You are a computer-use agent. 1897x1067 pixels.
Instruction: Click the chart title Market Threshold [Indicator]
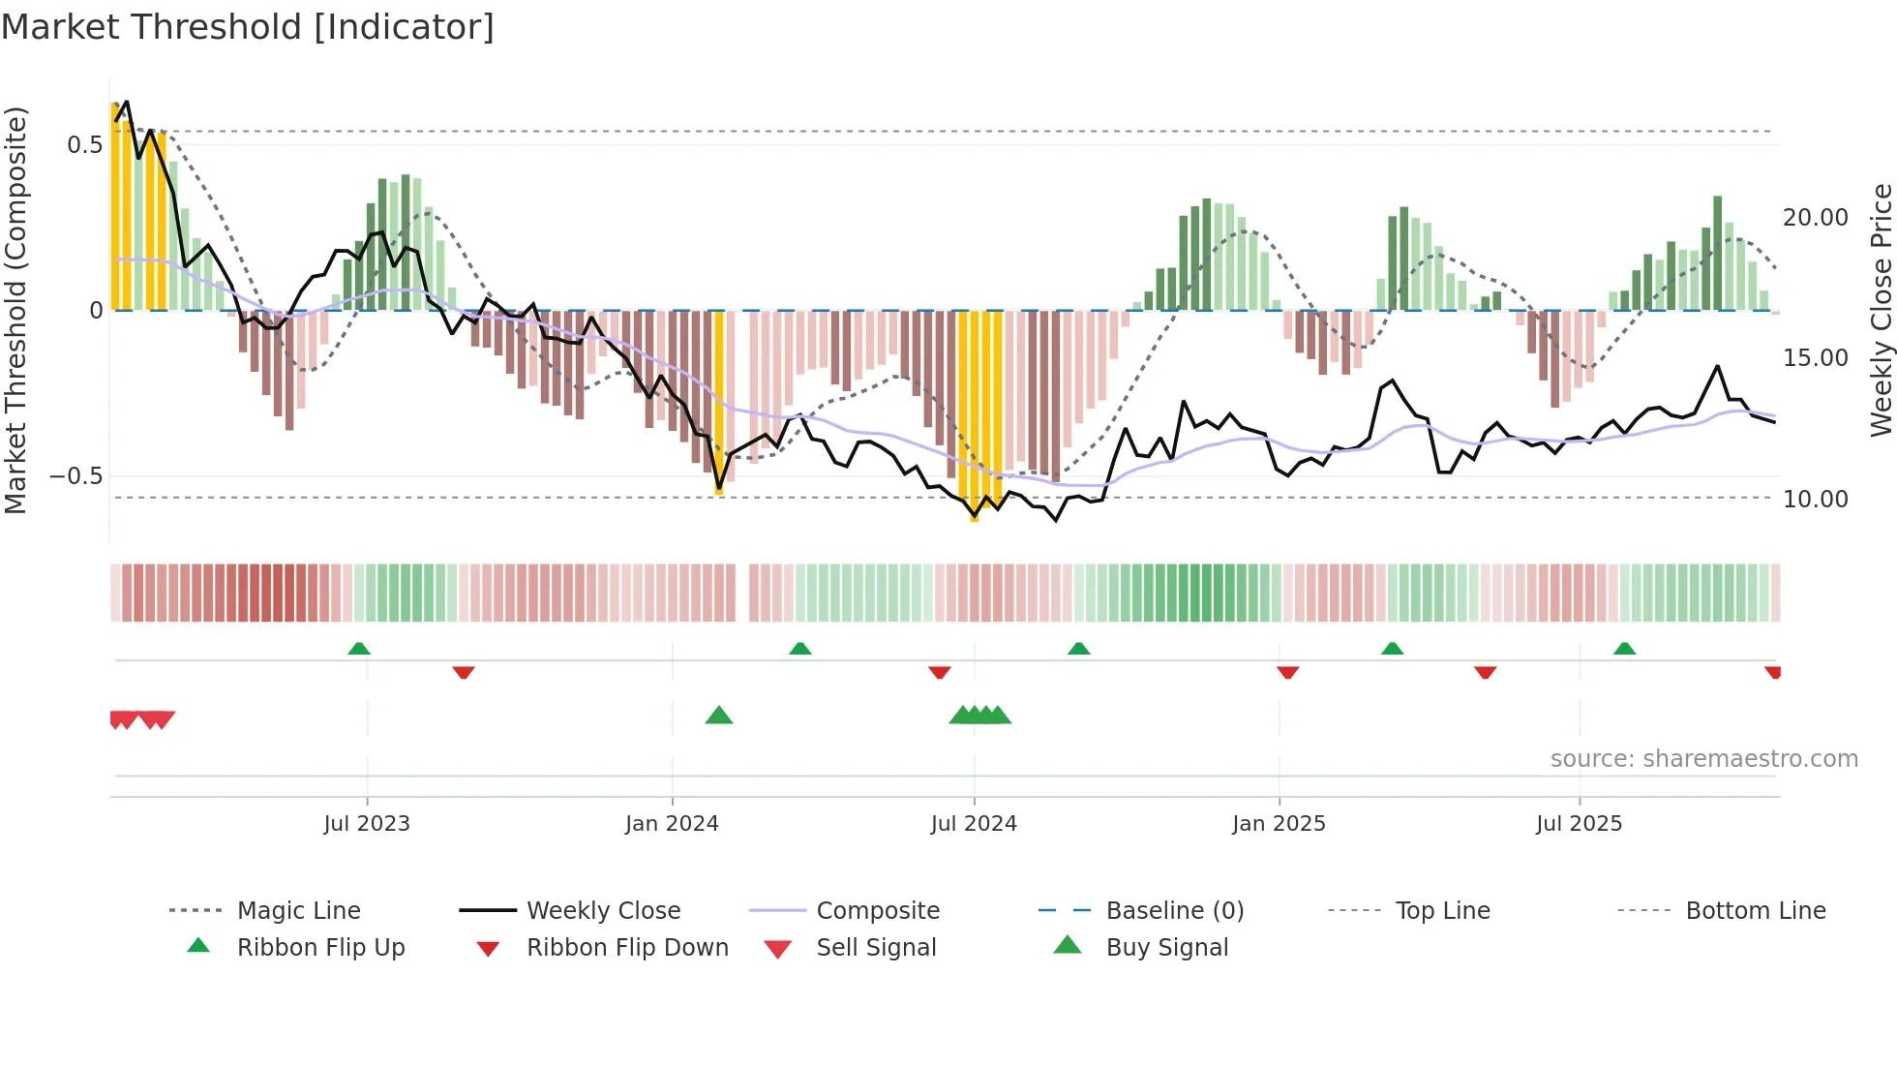tap(248, 27)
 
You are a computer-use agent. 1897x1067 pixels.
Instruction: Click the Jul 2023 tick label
tap(367, 824)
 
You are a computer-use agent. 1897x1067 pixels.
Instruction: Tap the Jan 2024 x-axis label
tap(672, 824)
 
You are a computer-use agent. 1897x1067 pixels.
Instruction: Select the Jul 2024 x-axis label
tap(974, 824)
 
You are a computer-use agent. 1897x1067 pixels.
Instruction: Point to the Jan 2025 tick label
tap(1279, 824)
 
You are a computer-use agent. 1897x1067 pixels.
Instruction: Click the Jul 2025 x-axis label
tap(1579, 824)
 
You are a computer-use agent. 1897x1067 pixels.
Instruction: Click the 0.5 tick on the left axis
tap(84, 145)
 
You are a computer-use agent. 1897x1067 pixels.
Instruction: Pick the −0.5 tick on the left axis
tap(76, 476)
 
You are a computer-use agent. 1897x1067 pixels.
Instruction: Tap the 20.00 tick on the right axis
tap(1815, 218)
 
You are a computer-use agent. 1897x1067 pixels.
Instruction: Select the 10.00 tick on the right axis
tap(1815, 500)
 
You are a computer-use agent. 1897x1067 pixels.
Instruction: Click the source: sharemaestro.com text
tap(1703, 759)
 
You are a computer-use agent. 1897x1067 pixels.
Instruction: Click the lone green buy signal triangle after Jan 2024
tap(719, 716)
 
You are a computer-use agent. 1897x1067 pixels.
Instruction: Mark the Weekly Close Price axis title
tap(1881, 310)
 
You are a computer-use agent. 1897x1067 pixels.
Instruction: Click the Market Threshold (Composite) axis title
tap(15, 310)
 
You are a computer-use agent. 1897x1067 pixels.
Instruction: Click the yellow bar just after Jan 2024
tap(718, 402)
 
